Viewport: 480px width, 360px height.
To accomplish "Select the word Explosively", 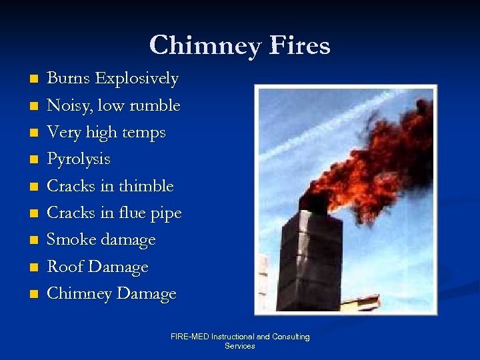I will tap(137, 79).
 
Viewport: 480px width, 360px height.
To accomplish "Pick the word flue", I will tap(133, 213).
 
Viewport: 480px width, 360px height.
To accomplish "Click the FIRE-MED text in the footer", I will tap(189, 337).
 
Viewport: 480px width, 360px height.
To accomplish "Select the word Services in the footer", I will tap(240, 347).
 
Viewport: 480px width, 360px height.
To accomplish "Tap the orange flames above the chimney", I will tap(373, 160).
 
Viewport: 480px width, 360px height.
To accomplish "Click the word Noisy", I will tap(70, 106).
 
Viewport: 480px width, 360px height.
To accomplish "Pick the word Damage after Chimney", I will tap(148, 294).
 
